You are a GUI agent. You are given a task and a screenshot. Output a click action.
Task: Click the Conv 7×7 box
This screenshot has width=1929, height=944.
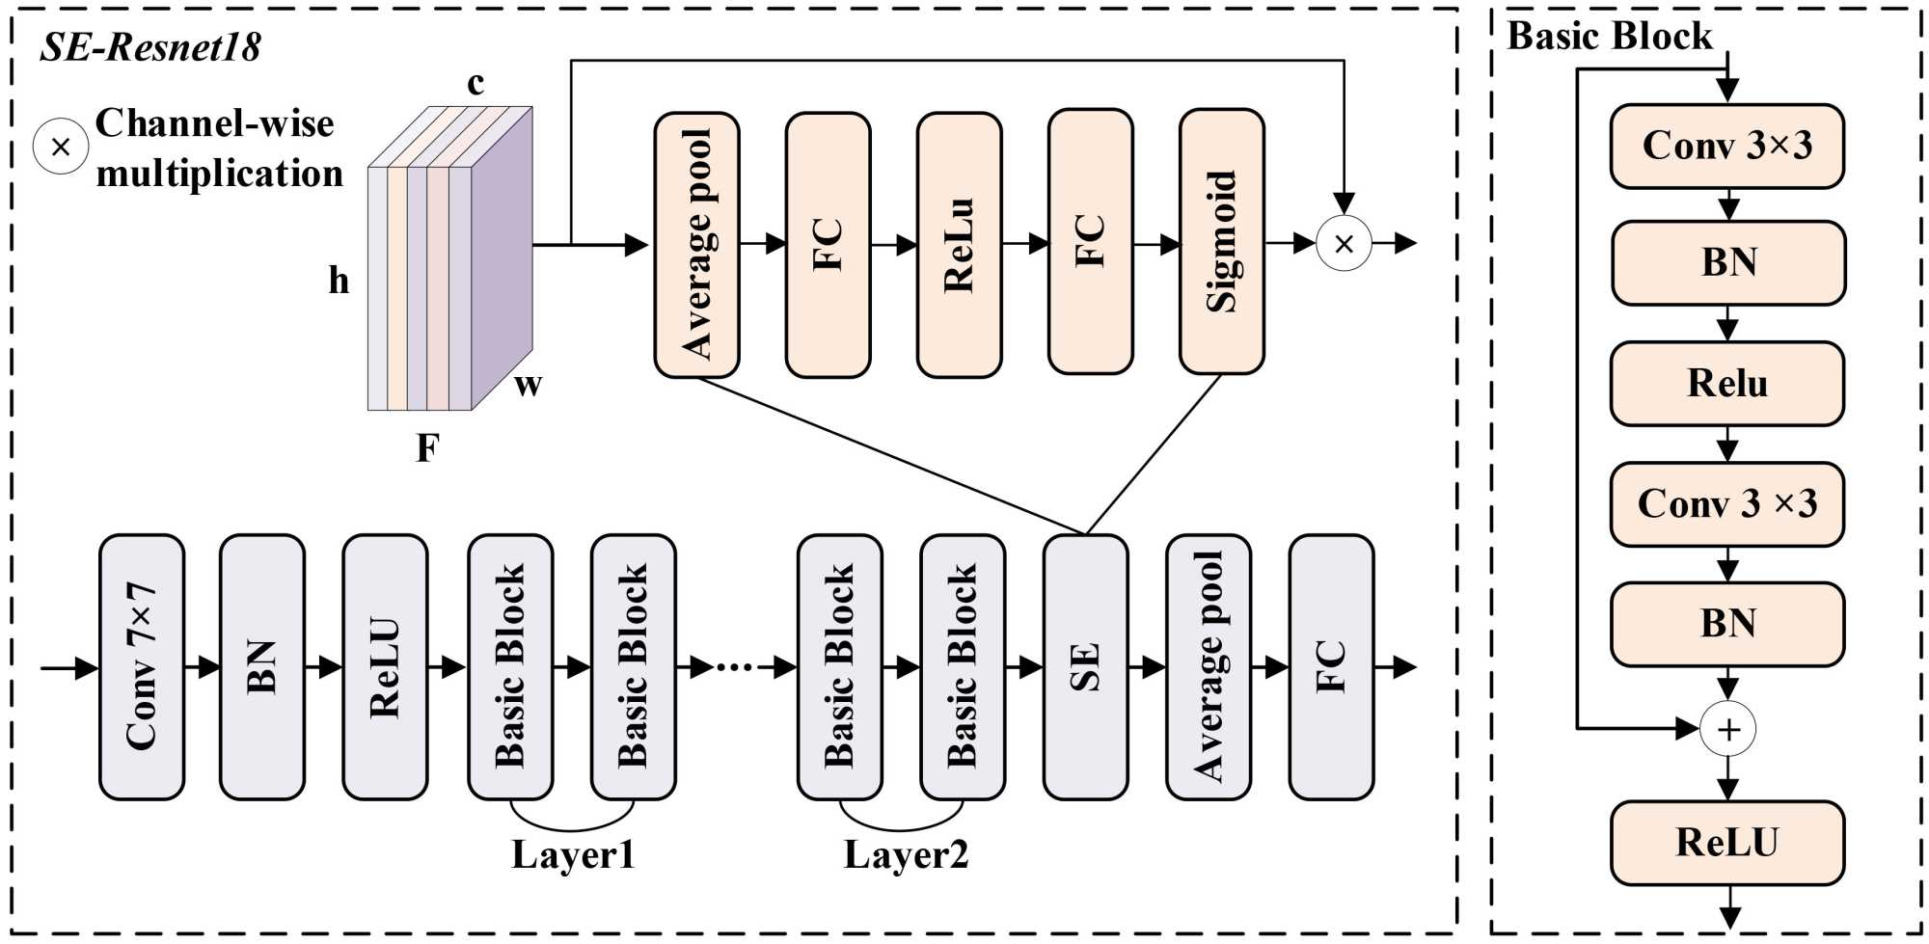142,667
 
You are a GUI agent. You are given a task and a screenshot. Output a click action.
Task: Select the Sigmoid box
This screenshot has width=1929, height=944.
1222,242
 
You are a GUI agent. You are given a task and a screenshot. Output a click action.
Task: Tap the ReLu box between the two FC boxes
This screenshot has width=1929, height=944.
959,245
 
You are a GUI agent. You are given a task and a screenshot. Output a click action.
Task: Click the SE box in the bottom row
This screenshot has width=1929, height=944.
1085,667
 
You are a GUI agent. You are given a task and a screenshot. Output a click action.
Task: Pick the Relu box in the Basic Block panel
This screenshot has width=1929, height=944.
1727,384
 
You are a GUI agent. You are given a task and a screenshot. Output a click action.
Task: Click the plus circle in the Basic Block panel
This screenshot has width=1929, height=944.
1727,729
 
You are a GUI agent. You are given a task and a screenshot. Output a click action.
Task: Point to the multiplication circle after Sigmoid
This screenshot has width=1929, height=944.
1344,243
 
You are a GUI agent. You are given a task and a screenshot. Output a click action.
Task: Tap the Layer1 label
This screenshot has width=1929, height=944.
573,855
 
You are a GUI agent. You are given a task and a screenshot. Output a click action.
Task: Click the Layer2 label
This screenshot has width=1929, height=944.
906,855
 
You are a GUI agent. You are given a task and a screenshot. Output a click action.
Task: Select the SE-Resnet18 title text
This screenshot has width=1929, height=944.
150,47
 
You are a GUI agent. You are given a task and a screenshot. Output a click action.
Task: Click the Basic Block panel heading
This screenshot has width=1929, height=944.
1610,37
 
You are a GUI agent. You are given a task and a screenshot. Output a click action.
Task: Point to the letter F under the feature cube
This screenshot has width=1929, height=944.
427,448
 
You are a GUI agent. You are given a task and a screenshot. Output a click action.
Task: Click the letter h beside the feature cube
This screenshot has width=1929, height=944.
339,281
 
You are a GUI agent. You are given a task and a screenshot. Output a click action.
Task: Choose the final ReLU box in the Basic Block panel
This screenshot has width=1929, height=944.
1727,843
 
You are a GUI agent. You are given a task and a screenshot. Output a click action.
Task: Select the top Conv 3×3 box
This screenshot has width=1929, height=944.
1727,147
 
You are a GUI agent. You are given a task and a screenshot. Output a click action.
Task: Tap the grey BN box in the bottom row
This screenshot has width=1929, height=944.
262,667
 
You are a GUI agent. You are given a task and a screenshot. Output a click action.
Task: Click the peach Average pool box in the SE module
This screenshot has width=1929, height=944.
696,245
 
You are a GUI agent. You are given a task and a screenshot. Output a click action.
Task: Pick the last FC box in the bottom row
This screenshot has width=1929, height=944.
1331,667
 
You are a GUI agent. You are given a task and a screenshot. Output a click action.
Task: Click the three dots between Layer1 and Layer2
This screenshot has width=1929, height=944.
735,666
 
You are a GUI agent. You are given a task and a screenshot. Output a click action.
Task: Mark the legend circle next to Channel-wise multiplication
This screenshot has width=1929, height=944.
61,147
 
